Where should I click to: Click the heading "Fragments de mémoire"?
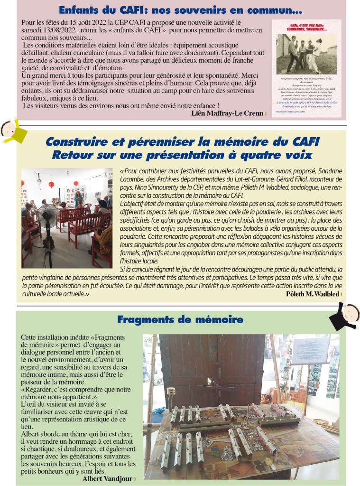click(180, 319)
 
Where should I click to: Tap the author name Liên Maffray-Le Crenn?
click(227, 113)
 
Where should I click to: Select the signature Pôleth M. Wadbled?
click(313, 294)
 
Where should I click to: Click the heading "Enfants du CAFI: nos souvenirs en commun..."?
click(180, 10)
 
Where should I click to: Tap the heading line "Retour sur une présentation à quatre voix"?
click(182, 155)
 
